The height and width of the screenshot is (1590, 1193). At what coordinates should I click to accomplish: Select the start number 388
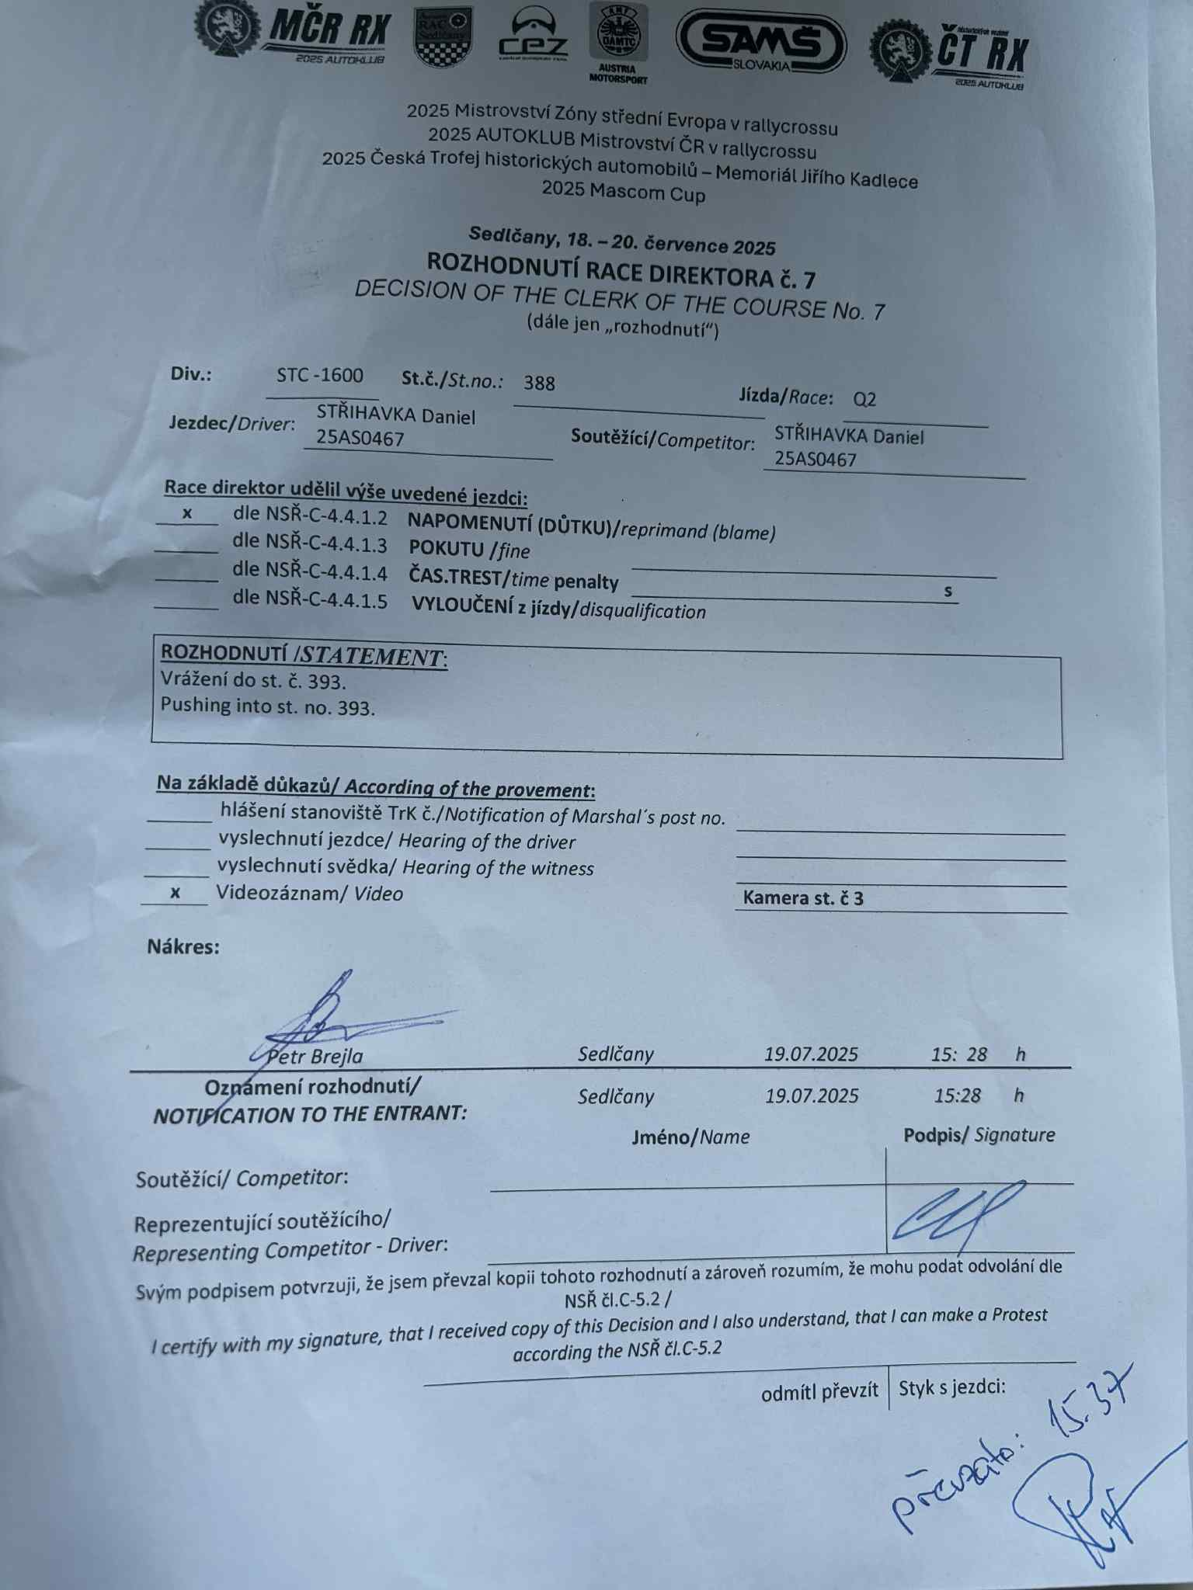[x=539, y=383]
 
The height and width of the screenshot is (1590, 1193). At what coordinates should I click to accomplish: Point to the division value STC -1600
[x=320, y=376]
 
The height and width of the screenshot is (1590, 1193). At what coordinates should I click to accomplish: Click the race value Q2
[x=864, y=400]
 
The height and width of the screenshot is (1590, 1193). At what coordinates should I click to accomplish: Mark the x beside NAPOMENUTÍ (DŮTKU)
[x=187, y=513]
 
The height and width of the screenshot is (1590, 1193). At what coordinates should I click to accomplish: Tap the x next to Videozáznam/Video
[x=176, y=893]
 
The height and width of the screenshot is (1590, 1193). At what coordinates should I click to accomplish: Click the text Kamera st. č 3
[x=802, y=898]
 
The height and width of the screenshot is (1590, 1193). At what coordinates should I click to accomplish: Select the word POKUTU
[x=447, y=549]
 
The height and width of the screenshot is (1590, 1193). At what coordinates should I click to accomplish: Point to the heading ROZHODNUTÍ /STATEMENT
[x=303, y=654]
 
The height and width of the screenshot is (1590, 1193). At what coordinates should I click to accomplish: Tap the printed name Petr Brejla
[x=315, y=1057]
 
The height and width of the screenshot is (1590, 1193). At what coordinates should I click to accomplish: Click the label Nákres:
[x=183, y=946]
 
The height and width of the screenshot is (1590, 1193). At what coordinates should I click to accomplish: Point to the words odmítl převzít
[x=819, y=1392]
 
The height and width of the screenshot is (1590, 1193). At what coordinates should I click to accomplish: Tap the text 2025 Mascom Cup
[x=623, y=191]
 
